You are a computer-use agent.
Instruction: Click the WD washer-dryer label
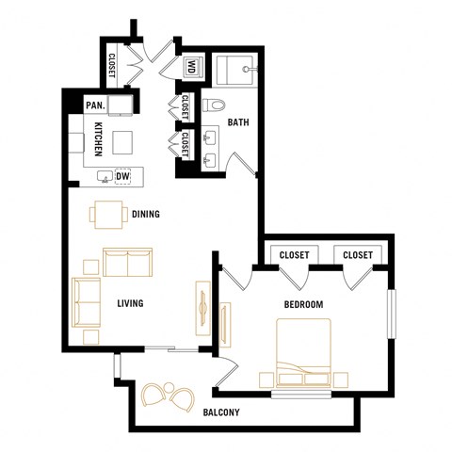tap(191, 67)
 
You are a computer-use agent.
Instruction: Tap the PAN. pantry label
tap(95, 105)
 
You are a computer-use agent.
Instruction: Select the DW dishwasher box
tap(122, 176)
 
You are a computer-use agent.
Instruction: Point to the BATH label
tap(237, 121)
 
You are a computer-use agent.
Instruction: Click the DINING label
tap(146, 215)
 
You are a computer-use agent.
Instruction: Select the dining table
tap(109, 214)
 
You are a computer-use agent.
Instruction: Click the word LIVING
tap(130, 303)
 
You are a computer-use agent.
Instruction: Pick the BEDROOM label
tap(303, 304)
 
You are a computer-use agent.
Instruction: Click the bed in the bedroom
tap(302, 353)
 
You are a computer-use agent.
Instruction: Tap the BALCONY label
tap(221, 412)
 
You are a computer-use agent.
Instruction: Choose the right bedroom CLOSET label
tap(358, 255)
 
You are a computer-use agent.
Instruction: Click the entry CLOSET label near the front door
tap(112, 66)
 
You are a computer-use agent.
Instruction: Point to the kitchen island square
tap(124, 142)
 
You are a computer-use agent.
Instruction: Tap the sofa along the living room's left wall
tap(87, 301)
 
